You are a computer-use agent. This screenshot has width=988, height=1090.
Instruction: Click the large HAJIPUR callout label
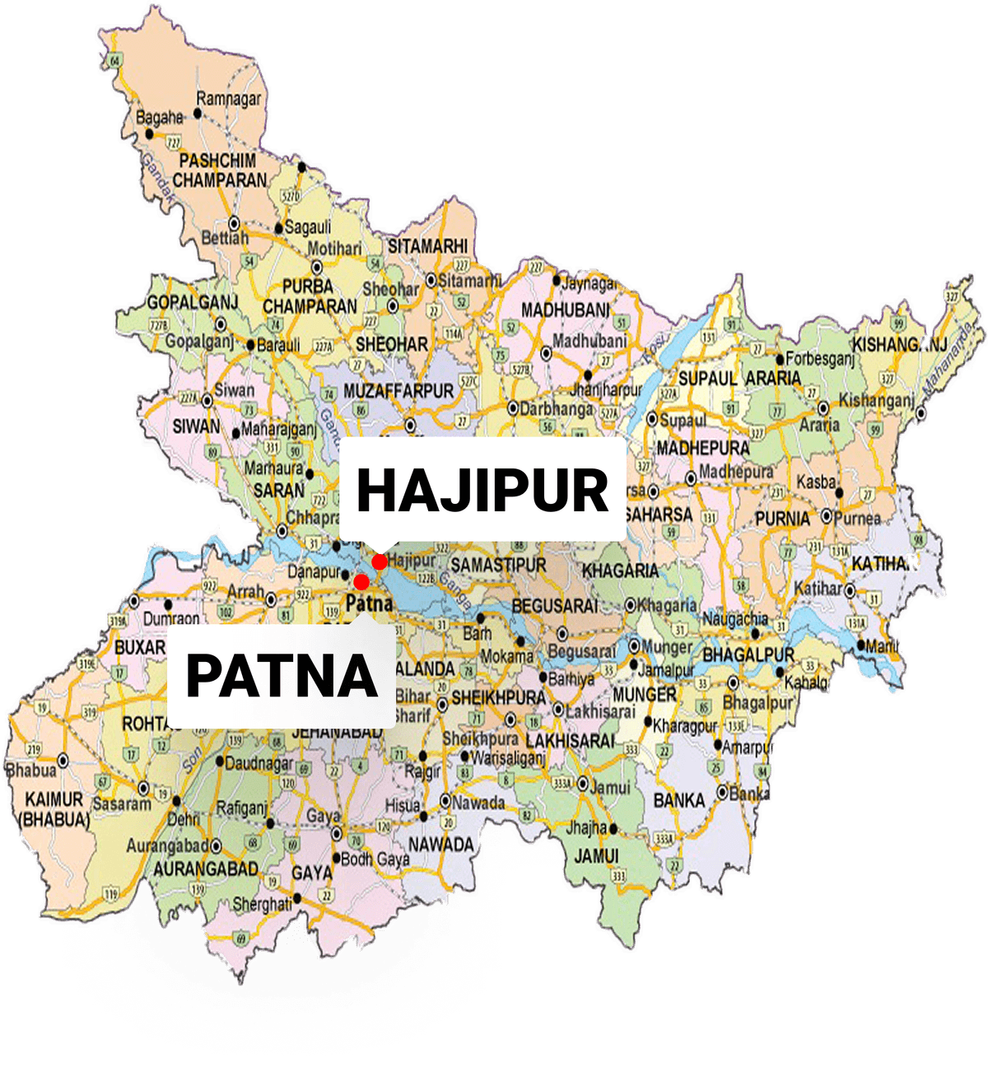[x=482, y=490]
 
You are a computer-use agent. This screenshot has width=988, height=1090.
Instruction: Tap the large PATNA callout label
[x=282, y=675]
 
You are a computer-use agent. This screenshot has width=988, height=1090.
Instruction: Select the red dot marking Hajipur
[x=380, y=561]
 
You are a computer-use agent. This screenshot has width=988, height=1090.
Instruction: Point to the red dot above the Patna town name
[x=361, y=582]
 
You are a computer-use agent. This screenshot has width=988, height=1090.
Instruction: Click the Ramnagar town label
[x=228, y=99]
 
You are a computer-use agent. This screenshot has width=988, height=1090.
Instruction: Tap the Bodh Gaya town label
[x=375, y=859]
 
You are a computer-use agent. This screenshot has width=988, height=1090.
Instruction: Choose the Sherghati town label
[x=262, y=904]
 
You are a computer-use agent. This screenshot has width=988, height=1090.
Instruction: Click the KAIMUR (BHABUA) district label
[x=54, y=809]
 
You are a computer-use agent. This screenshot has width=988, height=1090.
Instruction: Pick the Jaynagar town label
[x=590, y=284]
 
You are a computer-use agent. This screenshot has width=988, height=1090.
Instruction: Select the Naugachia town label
[x=734, y=619]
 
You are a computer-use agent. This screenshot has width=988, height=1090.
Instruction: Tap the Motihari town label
[x=334, y=249]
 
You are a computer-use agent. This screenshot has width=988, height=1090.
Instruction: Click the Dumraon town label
[x=170, y=618]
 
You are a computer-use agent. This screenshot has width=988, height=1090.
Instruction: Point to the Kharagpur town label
[x=685, y=726]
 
